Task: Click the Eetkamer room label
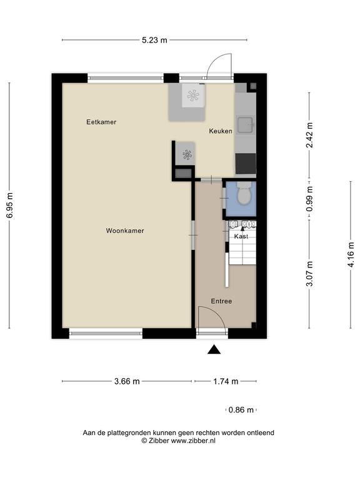tap(101, 122)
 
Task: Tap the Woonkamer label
tap(125, 231)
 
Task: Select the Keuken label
tap(221, 131)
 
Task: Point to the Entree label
tap(221, 301)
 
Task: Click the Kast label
tap(241, 236)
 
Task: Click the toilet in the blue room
tap(244, 194)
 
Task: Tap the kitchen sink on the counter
tap(246, 126)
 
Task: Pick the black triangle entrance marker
tap(214, 349)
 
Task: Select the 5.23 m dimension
tap(154, 40)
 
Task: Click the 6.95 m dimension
tap(9, 206)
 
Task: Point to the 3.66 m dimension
tap(127, 381)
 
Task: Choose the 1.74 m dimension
tap(226, 381)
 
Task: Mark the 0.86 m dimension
tap(241, 409)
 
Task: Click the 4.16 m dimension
tap(351, 254)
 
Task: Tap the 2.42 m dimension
tap(309, 135)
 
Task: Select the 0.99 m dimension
tap(309, 199)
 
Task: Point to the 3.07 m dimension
tap(309, 273)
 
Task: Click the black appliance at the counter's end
tap(246, 164)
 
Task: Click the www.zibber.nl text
tap(193, 441)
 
